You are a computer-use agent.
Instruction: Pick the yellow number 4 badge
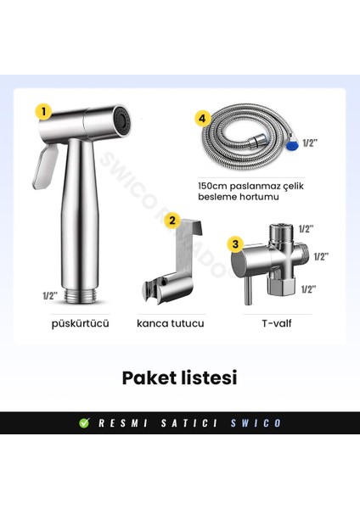[201, 120]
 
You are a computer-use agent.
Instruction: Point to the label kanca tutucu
[172, 323]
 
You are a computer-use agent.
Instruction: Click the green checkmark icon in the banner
[84, 422]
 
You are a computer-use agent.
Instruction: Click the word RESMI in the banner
[123, 422]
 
